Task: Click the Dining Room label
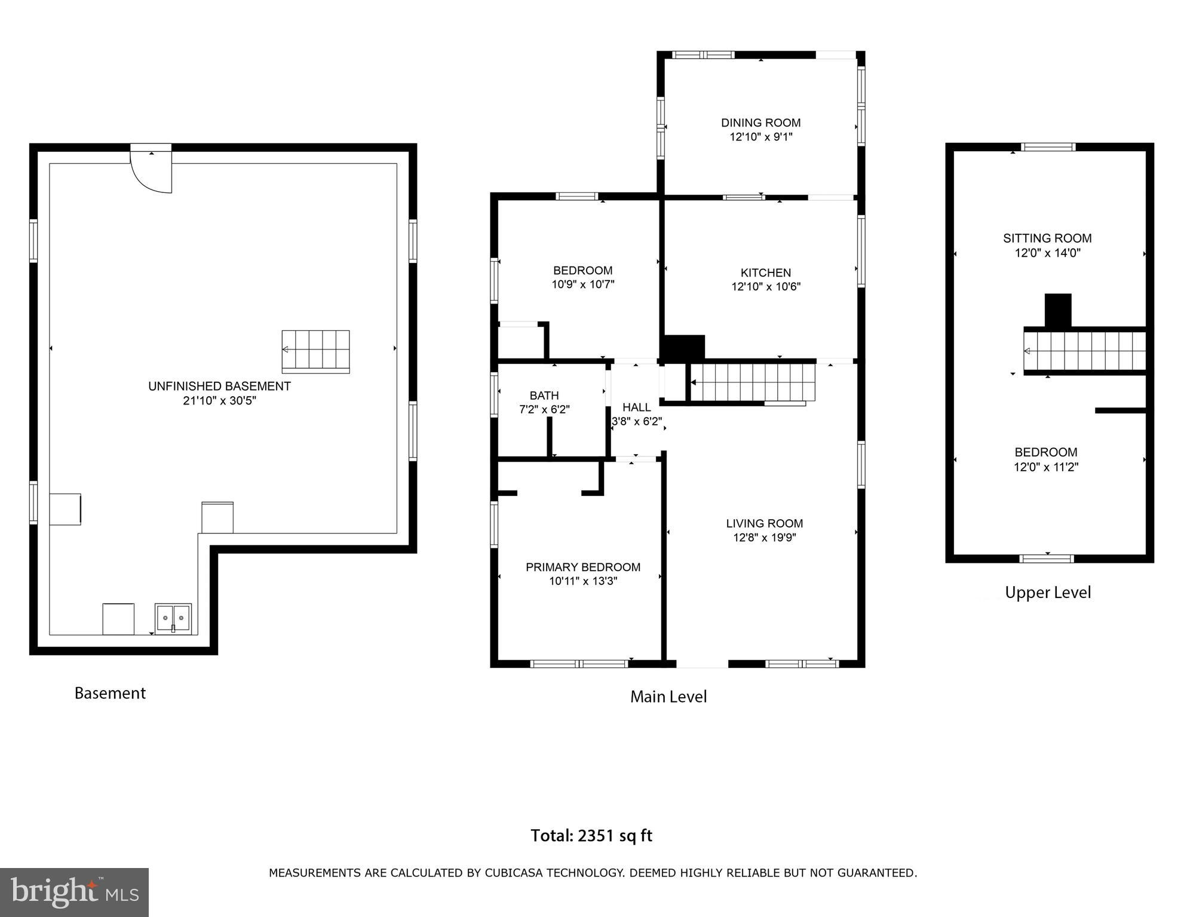[x=760, y=122]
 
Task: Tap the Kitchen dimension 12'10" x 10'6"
[x=766, y=287]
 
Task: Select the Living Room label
[x=764, y=523]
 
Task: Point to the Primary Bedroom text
[x=582, y=567]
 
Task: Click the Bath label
[x=544, y=395]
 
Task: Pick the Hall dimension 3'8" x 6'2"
[x=637, y=421]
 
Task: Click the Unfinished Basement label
[x=219, y=386]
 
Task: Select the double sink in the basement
[x=173, y=618]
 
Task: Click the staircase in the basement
[x=315, y=351]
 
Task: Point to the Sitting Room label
[x=1047, y=238]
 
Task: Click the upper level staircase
[x=1084, y=351]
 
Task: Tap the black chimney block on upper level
[x=1057, y=309]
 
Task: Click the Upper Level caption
[x=1047, y=593]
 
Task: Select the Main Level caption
[x=668, y=697]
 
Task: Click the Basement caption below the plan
[x=110, y=693]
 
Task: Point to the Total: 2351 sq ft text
[x=591, y=835]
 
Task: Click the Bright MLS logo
[x=74, y=893]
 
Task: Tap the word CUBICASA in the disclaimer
[x=513, y=873]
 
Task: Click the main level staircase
[x=753, y=382]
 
